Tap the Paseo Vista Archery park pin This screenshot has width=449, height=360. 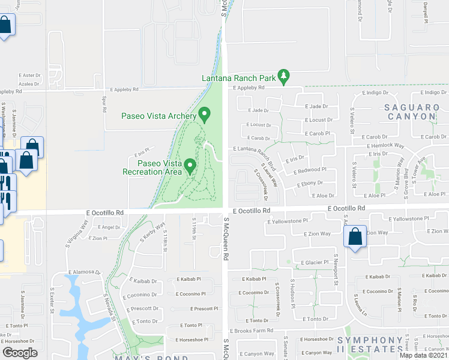tap(205, 113)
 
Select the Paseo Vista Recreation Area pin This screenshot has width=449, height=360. tap(190, 165)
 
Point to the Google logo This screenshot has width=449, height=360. tap(20, 353)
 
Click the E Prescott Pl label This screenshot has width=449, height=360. tap(205, 309)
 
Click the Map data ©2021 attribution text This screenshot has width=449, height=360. tap(424, 355)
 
